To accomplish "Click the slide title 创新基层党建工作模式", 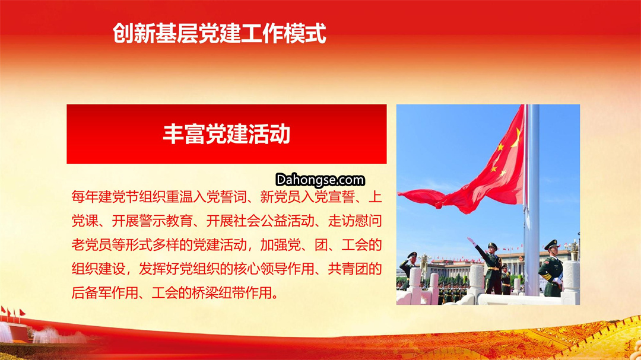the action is pyautogui.click(x=220, y=33).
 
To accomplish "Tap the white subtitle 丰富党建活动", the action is pyautogui.click(x=227, y=133).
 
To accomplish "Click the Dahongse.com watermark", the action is pyautogui.click(x=320, y=180).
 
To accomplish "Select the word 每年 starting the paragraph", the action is pyautogui.click(x=85, y=197).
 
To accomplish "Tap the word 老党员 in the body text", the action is pyautogui.click(x=91, y=245).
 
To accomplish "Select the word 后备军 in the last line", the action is pyautogui.click(x=91, y=293).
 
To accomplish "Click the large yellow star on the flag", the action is pyautogui.click(x=516, y=138).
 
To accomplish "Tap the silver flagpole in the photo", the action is pyautogui.click(x=532, y=200).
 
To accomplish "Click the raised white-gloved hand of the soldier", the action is pyautogui.click(x=471, y=241).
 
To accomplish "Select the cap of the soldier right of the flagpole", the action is pyautogui.click(x=551, y=244).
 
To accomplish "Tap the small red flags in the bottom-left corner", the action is pyautogui.click(x=13, y=313).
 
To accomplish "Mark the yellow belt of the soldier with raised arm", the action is pyautogui.click(x=493, y=268).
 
